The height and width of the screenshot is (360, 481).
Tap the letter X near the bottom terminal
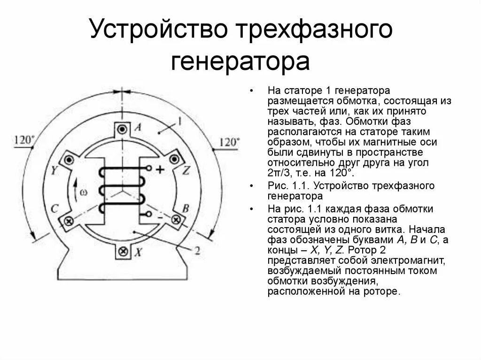click(139, 253)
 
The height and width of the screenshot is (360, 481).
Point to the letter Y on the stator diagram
click(54, 170)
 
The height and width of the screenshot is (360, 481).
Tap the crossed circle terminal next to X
click(123, 251)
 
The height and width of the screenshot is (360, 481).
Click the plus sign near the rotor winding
click(160, 170)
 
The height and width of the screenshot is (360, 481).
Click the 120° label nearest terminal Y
click(24, 140)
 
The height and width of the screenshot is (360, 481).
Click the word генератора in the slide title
click(240, 61)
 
